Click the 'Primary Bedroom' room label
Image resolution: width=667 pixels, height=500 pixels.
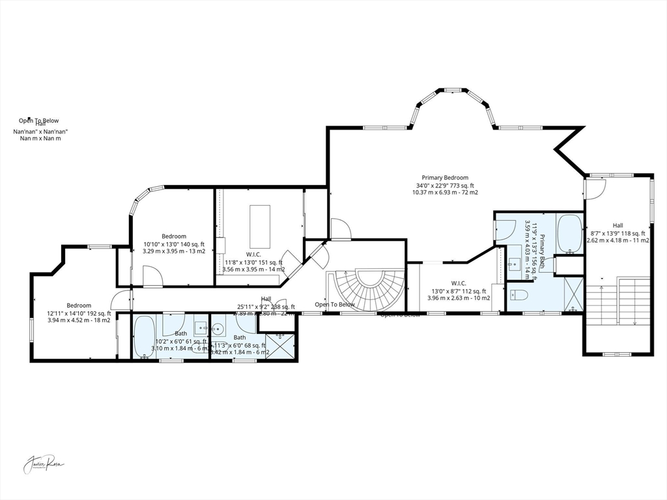(445, 178)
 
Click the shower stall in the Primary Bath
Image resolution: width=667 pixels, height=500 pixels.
(573, 294)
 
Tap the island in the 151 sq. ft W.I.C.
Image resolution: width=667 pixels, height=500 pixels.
(260, 223)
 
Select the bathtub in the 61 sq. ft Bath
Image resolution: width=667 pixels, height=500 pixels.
(145, 336)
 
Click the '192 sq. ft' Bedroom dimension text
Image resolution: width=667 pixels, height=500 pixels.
(79, 314)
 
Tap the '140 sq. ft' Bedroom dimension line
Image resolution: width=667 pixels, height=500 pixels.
(174, 244)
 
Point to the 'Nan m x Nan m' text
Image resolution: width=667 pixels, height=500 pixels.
(40, 138)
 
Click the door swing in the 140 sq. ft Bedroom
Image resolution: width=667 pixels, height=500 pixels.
(152, 276)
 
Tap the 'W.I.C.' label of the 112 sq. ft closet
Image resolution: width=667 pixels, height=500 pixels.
(457, 283)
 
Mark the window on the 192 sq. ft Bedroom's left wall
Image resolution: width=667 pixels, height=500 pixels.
(32, 326)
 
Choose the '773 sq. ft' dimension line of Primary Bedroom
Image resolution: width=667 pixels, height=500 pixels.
(445, 186)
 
